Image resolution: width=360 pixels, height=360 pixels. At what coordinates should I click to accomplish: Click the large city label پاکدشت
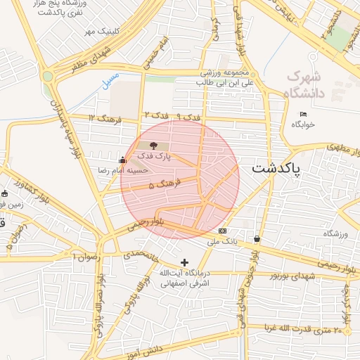[275, 169]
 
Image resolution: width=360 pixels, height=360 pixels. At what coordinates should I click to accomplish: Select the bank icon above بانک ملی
[223, 231]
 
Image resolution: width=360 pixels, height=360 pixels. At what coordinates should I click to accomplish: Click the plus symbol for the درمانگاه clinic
[184, 262]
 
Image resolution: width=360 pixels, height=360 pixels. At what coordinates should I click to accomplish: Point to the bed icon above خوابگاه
[303, 114]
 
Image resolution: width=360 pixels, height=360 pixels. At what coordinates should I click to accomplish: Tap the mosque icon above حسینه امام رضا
[123, 160]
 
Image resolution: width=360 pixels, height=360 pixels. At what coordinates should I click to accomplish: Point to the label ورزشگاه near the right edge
[336, 233]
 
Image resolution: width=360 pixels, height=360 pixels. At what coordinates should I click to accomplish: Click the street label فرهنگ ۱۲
[105, 117]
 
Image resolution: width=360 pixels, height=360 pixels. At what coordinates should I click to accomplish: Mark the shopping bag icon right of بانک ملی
[257, 239]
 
